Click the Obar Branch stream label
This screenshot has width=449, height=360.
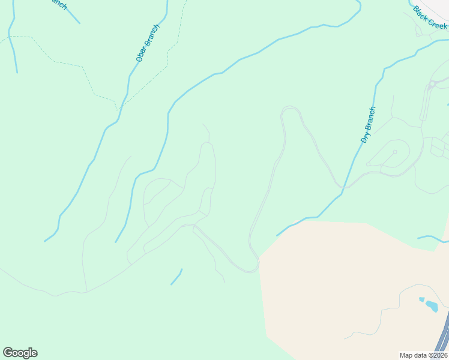tap(148, 43)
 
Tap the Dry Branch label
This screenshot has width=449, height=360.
tap(368, 125)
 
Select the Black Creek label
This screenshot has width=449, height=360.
tap(430, 17)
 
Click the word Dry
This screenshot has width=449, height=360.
tap(364, 137)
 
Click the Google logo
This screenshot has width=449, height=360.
tap(20, 353)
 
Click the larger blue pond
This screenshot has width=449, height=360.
tap(432, 306)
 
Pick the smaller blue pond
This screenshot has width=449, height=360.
tap(421, 299)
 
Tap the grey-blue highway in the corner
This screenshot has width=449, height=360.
tap(443, 339)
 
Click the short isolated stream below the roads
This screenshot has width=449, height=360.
tap(176, 277)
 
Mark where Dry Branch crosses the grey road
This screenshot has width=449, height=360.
tap(342, 187)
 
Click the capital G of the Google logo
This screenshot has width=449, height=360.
tap(8, 352)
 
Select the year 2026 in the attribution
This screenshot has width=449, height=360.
tap(439, 355)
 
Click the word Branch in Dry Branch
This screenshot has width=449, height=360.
tap(370, 119)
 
